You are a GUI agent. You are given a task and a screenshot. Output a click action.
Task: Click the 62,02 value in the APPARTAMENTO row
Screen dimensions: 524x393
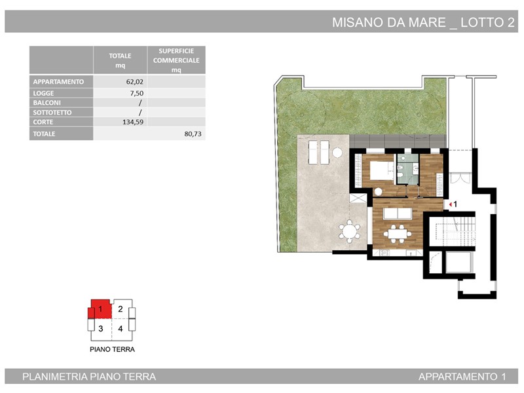point(135,82)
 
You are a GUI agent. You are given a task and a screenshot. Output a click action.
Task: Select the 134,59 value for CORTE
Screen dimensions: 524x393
point(133,122)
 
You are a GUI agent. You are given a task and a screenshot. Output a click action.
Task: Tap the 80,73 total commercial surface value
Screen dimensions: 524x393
point(193,134)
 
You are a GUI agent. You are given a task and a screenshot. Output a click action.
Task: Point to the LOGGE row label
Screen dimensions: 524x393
point(43,93)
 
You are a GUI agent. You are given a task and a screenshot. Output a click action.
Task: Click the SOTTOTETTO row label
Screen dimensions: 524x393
point(52,113)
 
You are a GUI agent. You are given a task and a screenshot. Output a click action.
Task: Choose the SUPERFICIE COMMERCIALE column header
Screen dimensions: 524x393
point(176,60)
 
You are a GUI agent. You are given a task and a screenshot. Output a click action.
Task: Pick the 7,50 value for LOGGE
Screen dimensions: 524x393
point(137,93)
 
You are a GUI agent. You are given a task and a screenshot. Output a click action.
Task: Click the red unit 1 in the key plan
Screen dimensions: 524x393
point(100,309)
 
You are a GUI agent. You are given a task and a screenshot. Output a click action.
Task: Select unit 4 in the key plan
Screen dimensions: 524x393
point(121,329)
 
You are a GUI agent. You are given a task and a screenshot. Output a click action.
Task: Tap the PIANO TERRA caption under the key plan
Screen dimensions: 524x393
point(112,350)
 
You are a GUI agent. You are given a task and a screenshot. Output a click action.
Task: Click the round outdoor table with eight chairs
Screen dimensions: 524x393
point(350,231)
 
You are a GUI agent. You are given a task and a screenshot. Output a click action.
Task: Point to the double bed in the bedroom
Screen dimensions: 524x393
point(381,170)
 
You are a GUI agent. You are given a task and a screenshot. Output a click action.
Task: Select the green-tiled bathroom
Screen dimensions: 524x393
point(407,169)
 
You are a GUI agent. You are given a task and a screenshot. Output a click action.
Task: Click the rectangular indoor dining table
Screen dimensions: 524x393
point(398,233)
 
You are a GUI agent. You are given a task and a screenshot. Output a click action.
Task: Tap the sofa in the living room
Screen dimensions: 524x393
point(398,214)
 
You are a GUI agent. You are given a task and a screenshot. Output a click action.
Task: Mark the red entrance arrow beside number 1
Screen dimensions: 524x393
point(451,204)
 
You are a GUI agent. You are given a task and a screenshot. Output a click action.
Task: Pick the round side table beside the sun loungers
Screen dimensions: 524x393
point(337,153)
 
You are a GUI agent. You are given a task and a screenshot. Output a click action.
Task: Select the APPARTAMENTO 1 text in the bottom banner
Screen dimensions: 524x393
point(462,377)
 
